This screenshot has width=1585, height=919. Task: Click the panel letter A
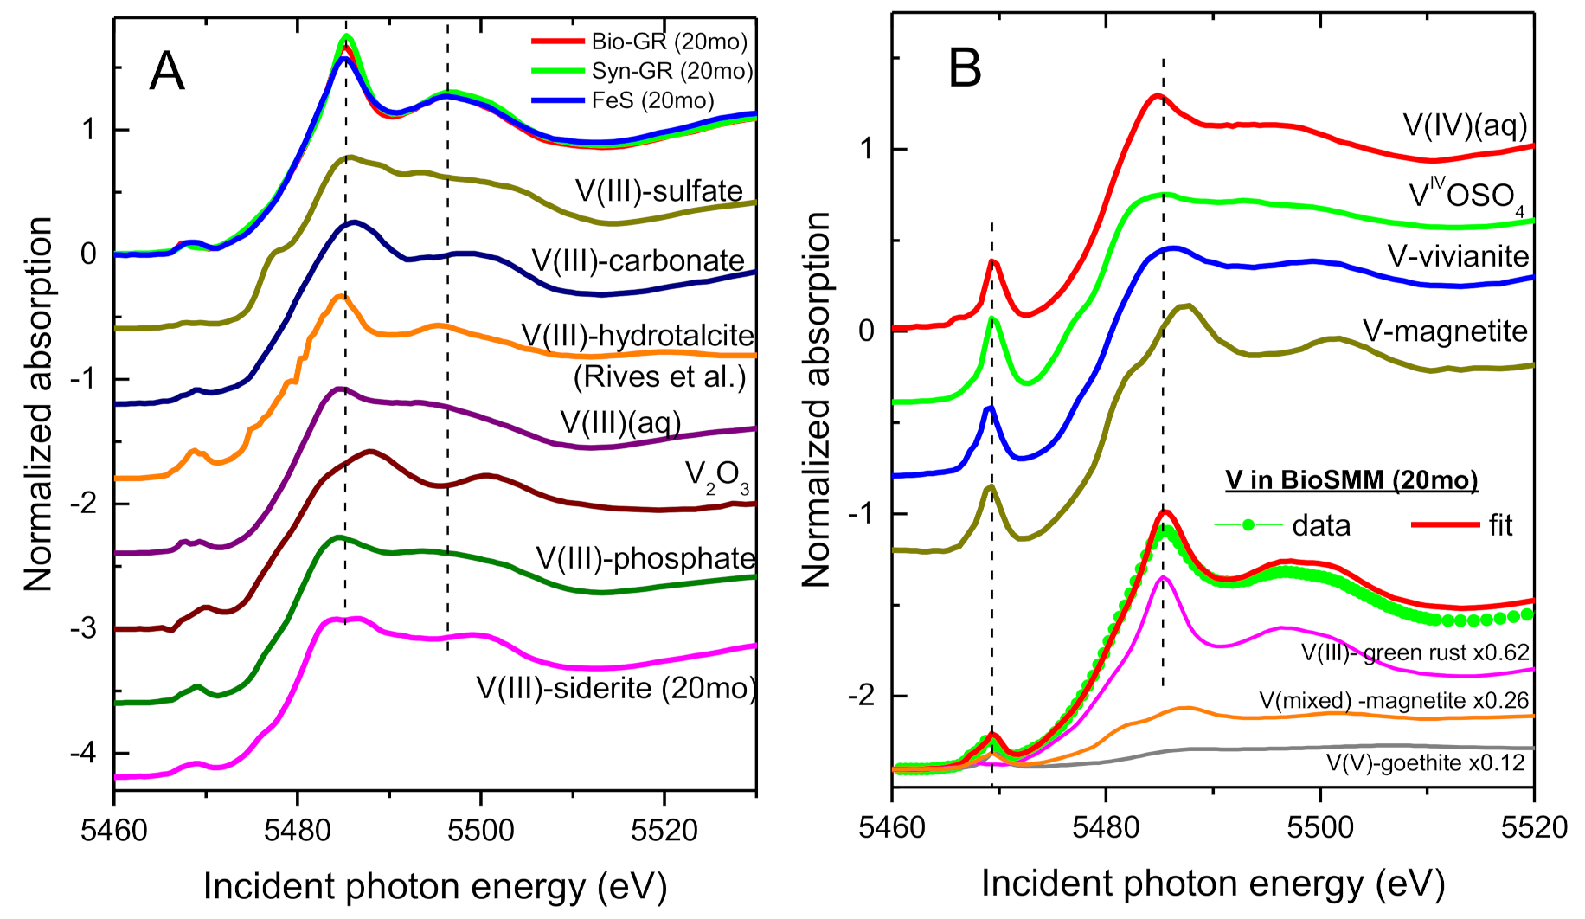167,71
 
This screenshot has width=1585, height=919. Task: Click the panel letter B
966,67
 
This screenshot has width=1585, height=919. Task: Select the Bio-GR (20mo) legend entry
669,42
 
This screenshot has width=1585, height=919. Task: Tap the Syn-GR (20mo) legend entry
672,71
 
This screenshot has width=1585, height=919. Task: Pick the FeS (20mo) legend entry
652,100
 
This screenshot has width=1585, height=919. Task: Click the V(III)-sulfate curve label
658,191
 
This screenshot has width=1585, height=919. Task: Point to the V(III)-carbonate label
638,260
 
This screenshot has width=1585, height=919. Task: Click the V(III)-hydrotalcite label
638,335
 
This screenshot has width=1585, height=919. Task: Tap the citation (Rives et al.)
659,376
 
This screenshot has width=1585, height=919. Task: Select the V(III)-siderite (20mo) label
616,688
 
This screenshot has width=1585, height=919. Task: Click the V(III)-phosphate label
645,558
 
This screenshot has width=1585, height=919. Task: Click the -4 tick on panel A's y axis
83,753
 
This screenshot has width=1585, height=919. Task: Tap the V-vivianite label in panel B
1458,256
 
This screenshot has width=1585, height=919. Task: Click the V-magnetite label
1445,331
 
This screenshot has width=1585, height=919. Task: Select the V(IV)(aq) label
1465,125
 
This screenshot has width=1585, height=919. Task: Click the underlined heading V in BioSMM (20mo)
1351,479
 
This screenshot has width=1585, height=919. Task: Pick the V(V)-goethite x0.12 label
1425,763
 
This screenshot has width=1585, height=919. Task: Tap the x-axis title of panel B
1213,884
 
